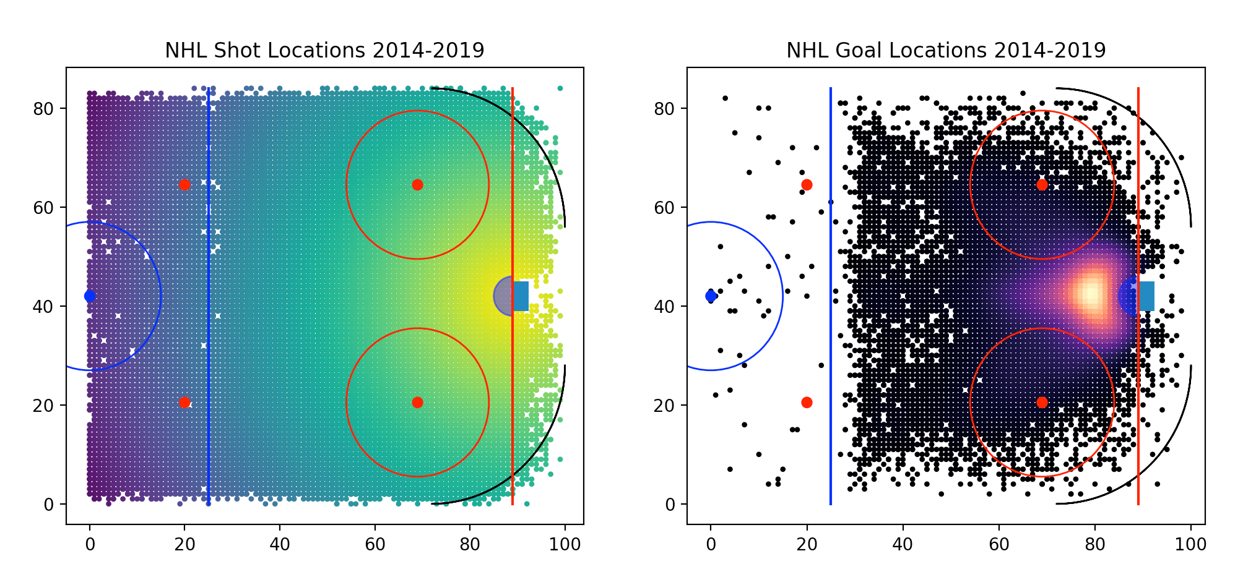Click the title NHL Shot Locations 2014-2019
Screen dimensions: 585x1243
324,51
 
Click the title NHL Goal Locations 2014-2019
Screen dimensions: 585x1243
945,51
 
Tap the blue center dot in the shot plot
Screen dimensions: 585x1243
90,296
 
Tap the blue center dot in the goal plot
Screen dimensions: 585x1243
711,296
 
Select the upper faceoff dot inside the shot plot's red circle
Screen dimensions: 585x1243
417,185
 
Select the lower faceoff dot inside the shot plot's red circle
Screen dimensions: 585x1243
417,403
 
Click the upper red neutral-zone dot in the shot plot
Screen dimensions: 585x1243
184,185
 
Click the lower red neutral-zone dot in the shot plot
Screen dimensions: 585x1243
184,403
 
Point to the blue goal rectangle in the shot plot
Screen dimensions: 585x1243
521,296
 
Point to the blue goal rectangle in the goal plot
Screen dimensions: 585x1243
1146,296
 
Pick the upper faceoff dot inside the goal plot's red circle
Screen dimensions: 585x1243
1042,185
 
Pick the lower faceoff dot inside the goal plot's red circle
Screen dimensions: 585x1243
1042,403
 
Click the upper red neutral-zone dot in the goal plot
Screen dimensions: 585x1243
807,185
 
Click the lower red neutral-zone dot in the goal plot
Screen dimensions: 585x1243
807,403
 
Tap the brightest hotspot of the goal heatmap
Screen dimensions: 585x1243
1091,294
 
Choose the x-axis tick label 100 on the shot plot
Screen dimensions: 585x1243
565,545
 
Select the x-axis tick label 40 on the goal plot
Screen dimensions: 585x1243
903,545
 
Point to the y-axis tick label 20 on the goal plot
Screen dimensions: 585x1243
664,406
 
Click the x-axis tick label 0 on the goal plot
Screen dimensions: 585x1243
711,545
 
